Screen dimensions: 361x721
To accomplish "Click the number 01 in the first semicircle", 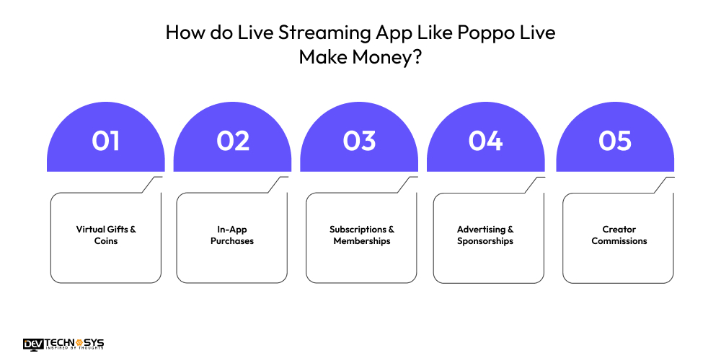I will pyautogui.click(x=105, y=141).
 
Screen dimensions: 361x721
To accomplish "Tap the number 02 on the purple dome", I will pyautogui.click(x=232, y=141).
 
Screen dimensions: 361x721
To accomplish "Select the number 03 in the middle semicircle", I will pyautogui.click(x=359, y=141).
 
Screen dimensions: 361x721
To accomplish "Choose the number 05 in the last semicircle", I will pyautogui.click(x=615, y=141).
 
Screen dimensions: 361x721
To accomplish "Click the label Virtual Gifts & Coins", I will pyautogui.click(x=106, y=235).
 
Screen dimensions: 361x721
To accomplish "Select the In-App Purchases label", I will pyautogui.click(x=232, y=235).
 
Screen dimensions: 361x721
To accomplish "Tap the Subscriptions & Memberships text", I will pyautogui.click(x=362, y=235).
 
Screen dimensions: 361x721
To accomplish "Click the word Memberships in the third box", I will pyautogui.click(x=362, y=241).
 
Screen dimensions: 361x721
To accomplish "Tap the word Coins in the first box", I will pyautogui.click(x=106, y=241).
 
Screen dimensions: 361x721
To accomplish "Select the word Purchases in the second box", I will pyautogui.click(x=232, y=241).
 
